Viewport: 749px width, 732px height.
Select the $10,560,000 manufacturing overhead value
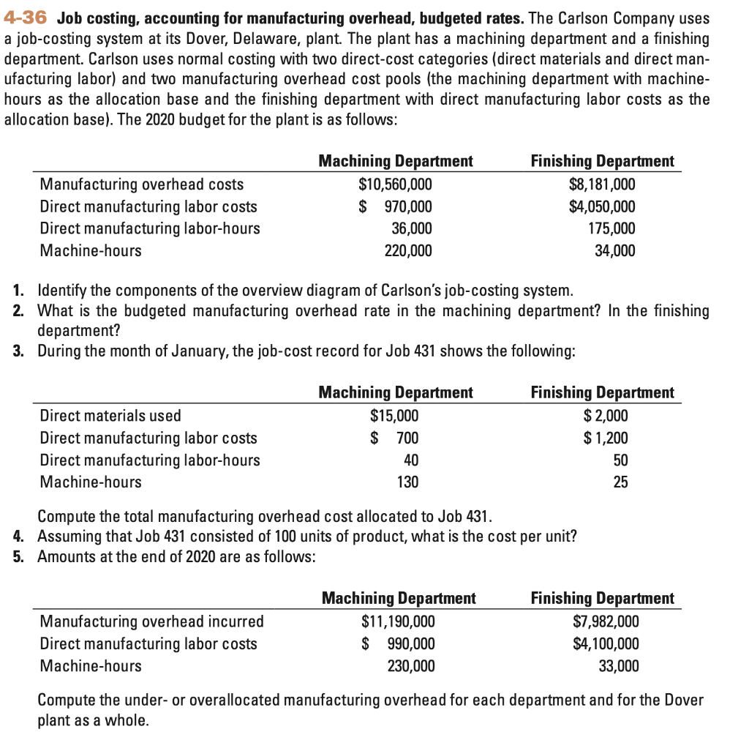point(395,184)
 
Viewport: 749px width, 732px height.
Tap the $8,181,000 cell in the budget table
point(602,184)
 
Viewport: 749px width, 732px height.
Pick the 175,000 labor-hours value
point(611,228)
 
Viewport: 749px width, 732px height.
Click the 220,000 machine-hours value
point(407,251)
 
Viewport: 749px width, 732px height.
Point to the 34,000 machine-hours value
point(614,251)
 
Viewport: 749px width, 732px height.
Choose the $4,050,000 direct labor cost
point(602,206)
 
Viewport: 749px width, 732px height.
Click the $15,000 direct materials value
point(395,416)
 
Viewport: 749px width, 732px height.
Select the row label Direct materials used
point(110,416)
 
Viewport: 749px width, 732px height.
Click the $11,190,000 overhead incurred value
point(398,621)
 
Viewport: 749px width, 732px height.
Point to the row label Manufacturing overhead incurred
point(151,621)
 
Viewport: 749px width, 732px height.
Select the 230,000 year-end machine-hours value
point(410,666)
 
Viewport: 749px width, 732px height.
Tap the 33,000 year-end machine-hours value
point(617,666)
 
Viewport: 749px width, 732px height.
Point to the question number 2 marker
point(19,311)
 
